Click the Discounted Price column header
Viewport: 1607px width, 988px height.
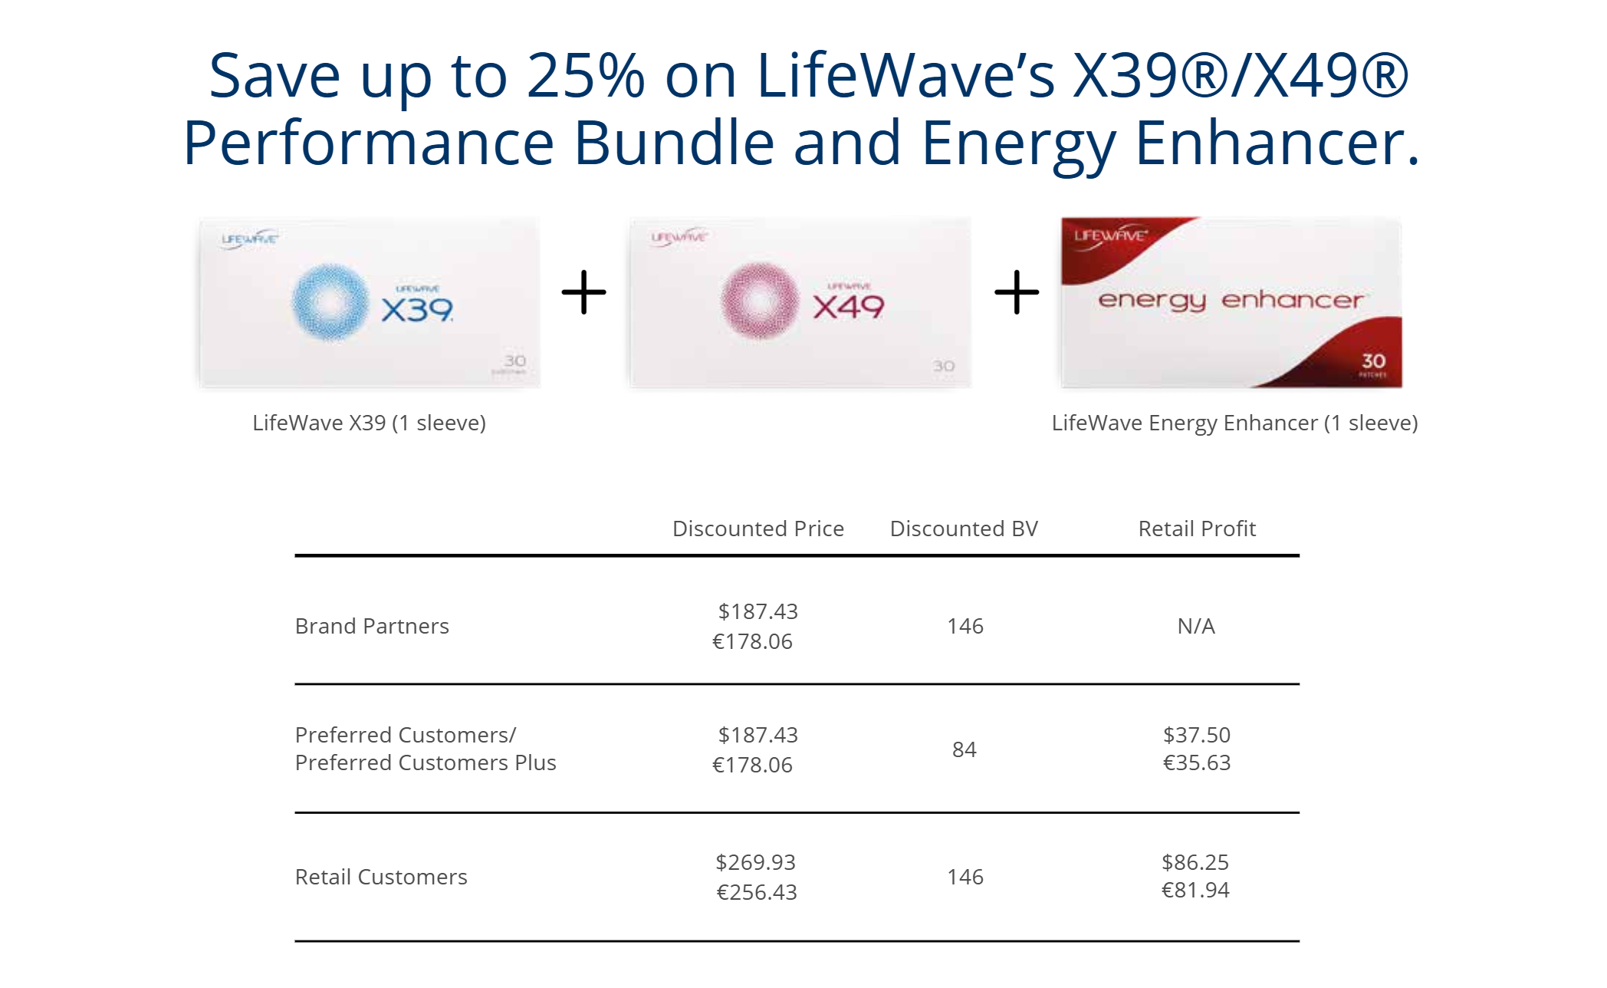(x=757, y=529)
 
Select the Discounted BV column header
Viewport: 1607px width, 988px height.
(x=964, y=529)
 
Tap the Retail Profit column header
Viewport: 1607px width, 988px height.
(x=1197, y=529)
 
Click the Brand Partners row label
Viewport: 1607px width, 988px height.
(x=372, y=626)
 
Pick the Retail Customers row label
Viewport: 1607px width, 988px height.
(x=381, y=877)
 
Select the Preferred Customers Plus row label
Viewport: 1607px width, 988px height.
(x=426, y=762)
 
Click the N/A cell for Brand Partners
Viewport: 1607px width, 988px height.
(x=1196, y=626)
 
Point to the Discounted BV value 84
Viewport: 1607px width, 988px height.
(x=965, y=749)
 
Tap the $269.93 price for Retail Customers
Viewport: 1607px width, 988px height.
(x=756, y=862)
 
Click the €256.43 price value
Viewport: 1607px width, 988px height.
(x=757, y=892)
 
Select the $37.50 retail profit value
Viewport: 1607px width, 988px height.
(x=1197, y=735)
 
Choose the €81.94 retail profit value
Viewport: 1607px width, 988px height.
(x=1195, y=890)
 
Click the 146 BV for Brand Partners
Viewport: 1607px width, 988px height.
(x=965, y=626)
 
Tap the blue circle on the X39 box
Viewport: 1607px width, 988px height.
(x=330, y=301)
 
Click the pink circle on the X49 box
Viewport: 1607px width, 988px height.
(x=760, y=300)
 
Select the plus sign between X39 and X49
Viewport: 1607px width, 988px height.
(x=584, y=292)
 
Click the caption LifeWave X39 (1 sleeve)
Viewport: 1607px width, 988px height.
(x=369, y=423)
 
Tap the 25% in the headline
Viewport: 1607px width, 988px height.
(x=586, y=75)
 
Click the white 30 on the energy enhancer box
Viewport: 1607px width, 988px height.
(x=1373, y=361)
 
